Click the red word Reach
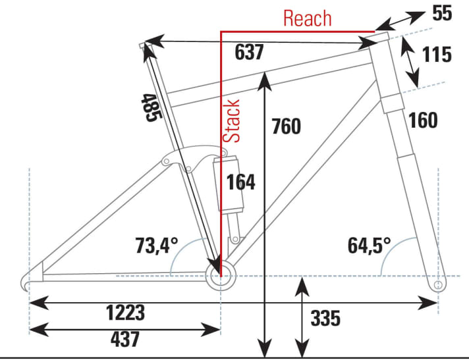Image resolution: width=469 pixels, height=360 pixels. [x=308, y=18]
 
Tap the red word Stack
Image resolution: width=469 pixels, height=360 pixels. [x=232, y=121]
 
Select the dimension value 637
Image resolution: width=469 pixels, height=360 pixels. [x=249, y=52]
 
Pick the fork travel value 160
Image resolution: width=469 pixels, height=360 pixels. [x=423, y=120]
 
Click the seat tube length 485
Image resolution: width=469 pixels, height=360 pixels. [x=150, y=107]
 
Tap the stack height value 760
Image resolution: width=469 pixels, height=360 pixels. [x=286, y=126]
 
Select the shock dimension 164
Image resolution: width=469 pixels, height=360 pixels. [x=241, y=182]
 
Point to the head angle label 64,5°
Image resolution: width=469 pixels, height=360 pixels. [x=370, y=247]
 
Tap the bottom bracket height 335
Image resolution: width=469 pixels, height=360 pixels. [x=325, y=319]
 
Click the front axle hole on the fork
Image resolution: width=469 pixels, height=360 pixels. [x=439, y=285]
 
